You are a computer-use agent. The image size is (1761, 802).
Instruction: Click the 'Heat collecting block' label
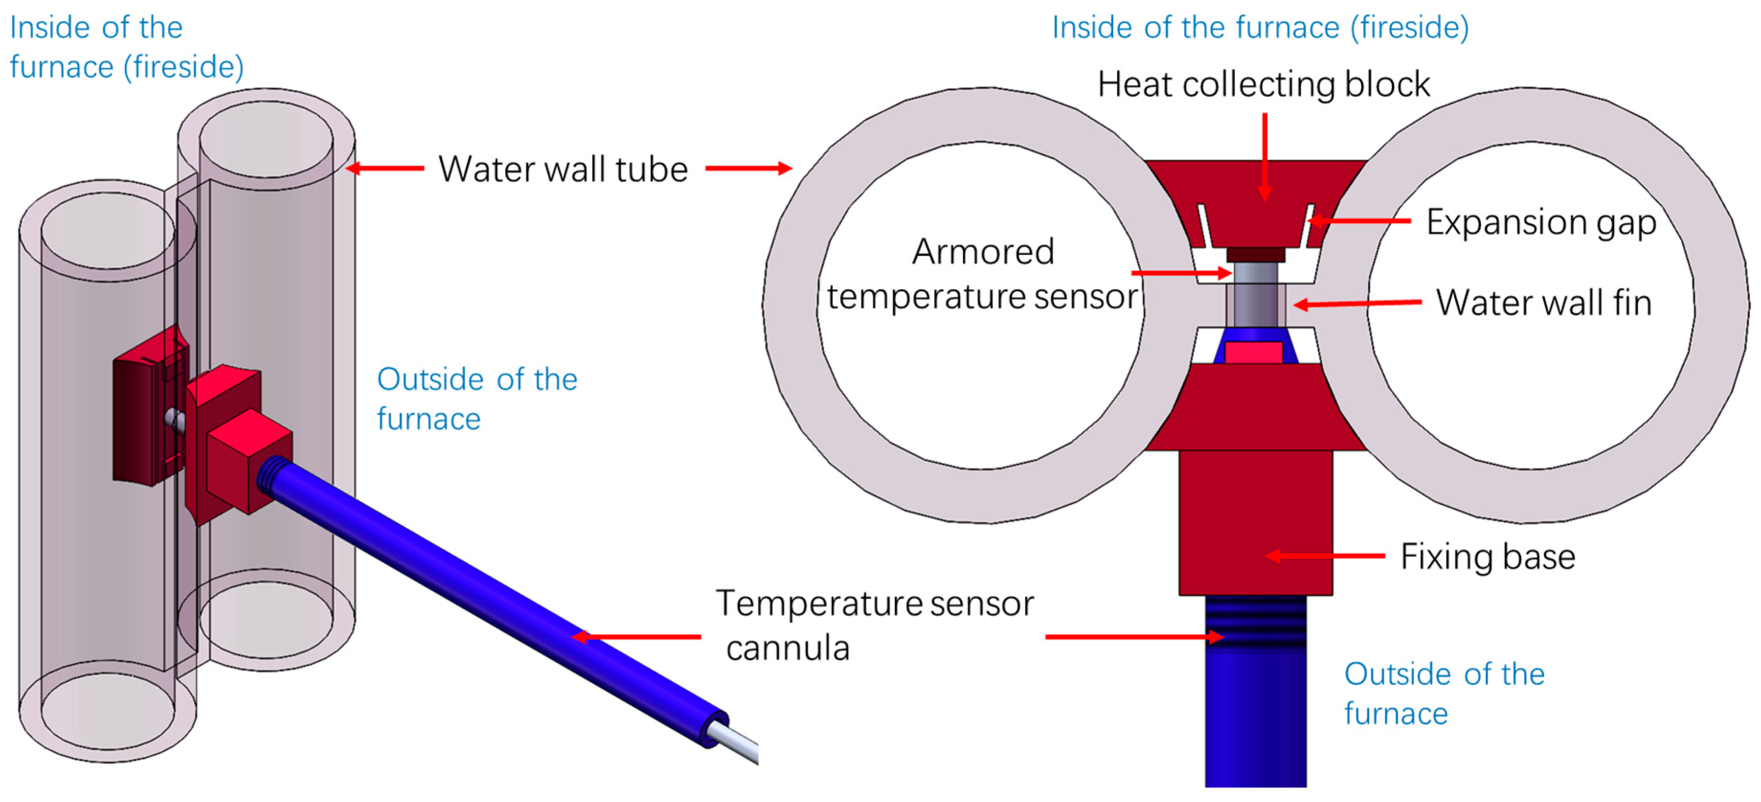click(x=1263, y=85)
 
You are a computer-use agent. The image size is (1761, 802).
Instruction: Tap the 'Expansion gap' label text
click(x=1541, y=222)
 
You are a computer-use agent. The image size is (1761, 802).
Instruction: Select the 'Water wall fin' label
click(x=1544, y=303)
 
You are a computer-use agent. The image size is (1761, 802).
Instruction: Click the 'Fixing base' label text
click(x=1488, y=556)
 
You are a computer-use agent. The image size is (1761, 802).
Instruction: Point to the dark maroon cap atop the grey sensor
click(x=1255, y=254)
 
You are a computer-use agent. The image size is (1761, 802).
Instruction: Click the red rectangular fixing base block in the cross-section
click(x=1255, y=522)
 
